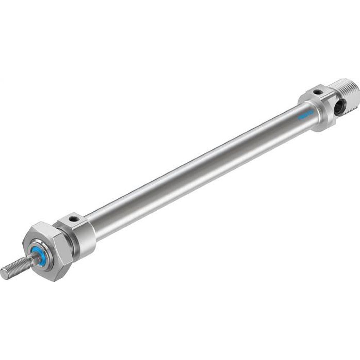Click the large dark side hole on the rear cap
(x=339, y=107)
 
